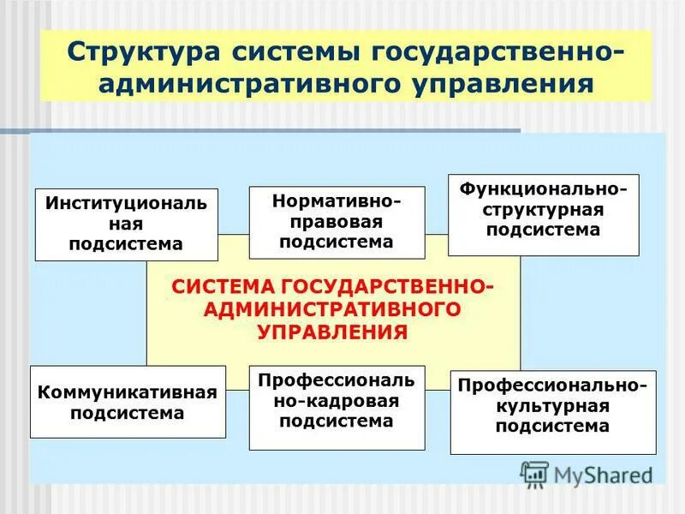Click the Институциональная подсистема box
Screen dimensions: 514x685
pyautogui.click(x=126, y=224)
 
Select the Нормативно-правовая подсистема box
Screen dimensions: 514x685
pyautogui.click(x=337, y=222)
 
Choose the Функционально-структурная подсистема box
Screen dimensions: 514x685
pyautogui.click(x=543, y=214)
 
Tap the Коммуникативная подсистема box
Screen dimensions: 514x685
pyautogui.click(x=128, y=402)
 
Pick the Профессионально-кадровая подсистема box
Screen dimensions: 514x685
pyautogui.click(x=337, y=407)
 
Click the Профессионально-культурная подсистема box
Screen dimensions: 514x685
pyautogui.click(x=552, y=411)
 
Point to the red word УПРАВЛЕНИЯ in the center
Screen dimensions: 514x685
pyautogui.click(x=333, y=331)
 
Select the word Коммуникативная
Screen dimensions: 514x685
pyautogui.click(x=128, y=392)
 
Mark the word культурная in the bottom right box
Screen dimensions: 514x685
pyautogui.click(x=552, y=406)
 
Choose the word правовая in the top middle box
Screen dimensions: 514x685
pyautogui.click(x=337, y=222)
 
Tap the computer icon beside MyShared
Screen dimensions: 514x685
pyautogui.click(x=534, y=474)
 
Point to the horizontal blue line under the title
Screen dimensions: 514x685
pyautogui.click(x=257, y=130)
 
